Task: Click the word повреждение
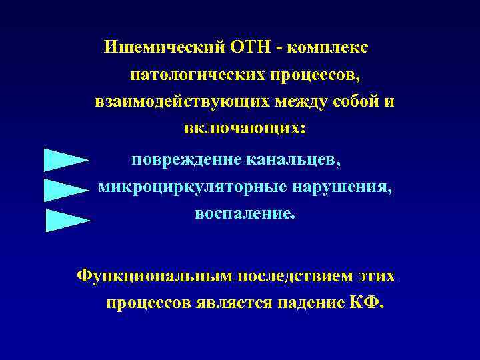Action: (x=185, y=160)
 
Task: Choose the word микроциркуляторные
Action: (x=190, y=187)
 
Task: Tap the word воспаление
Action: (x=243, y=215)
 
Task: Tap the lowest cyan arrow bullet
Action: (x=67, y=219)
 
